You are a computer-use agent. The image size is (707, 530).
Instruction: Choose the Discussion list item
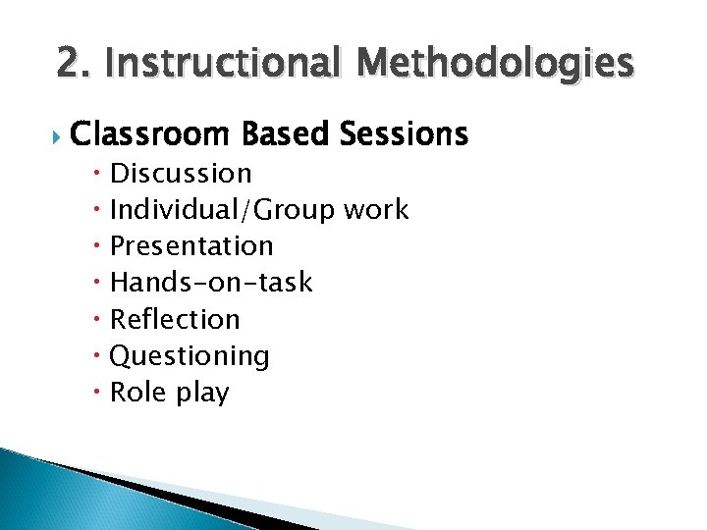[181, 174]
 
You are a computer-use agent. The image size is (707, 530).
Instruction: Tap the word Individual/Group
[223, 210]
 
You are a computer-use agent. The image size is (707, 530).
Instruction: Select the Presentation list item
[191, 246]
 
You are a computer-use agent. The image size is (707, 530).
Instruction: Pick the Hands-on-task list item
[211, 283]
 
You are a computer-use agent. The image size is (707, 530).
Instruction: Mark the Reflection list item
[175, 319]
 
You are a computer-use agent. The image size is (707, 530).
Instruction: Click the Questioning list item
[190, 356]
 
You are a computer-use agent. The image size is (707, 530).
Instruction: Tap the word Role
[137, 393]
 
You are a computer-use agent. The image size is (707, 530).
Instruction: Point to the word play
[201, 394]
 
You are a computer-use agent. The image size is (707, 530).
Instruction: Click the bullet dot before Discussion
[100, 175]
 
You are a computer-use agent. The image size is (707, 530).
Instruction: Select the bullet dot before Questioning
[100, 356]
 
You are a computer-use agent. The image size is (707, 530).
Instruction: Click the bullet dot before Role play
[100, 393]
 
